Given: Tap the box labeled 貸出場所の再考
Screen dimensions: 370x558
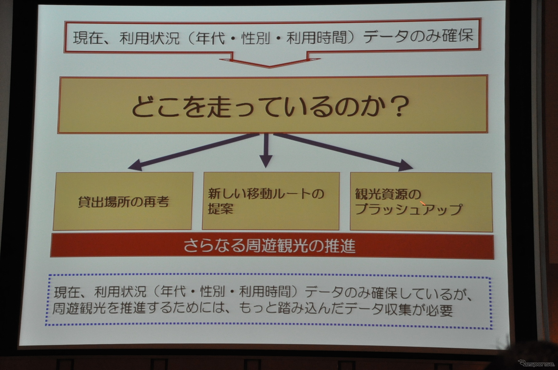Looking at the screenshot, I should (123, 201).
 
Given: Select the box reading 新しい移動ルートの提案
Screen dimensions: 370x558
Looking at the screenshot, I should (271, 201).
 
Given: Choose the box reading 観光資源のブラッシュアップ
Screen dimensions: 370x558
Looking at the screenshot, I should (421, 202).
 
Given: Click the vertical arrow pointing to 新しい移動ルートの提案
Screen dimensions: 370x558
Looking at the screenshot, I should (266, 150).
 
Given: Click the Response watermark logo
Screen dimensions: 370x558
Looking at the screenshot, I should (536, 364).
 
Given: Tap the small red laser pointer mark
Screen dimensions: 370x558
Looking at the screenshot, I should (423, 203).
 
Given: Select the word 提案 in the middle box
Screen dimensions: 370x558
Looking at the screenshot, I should (220, 209).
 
